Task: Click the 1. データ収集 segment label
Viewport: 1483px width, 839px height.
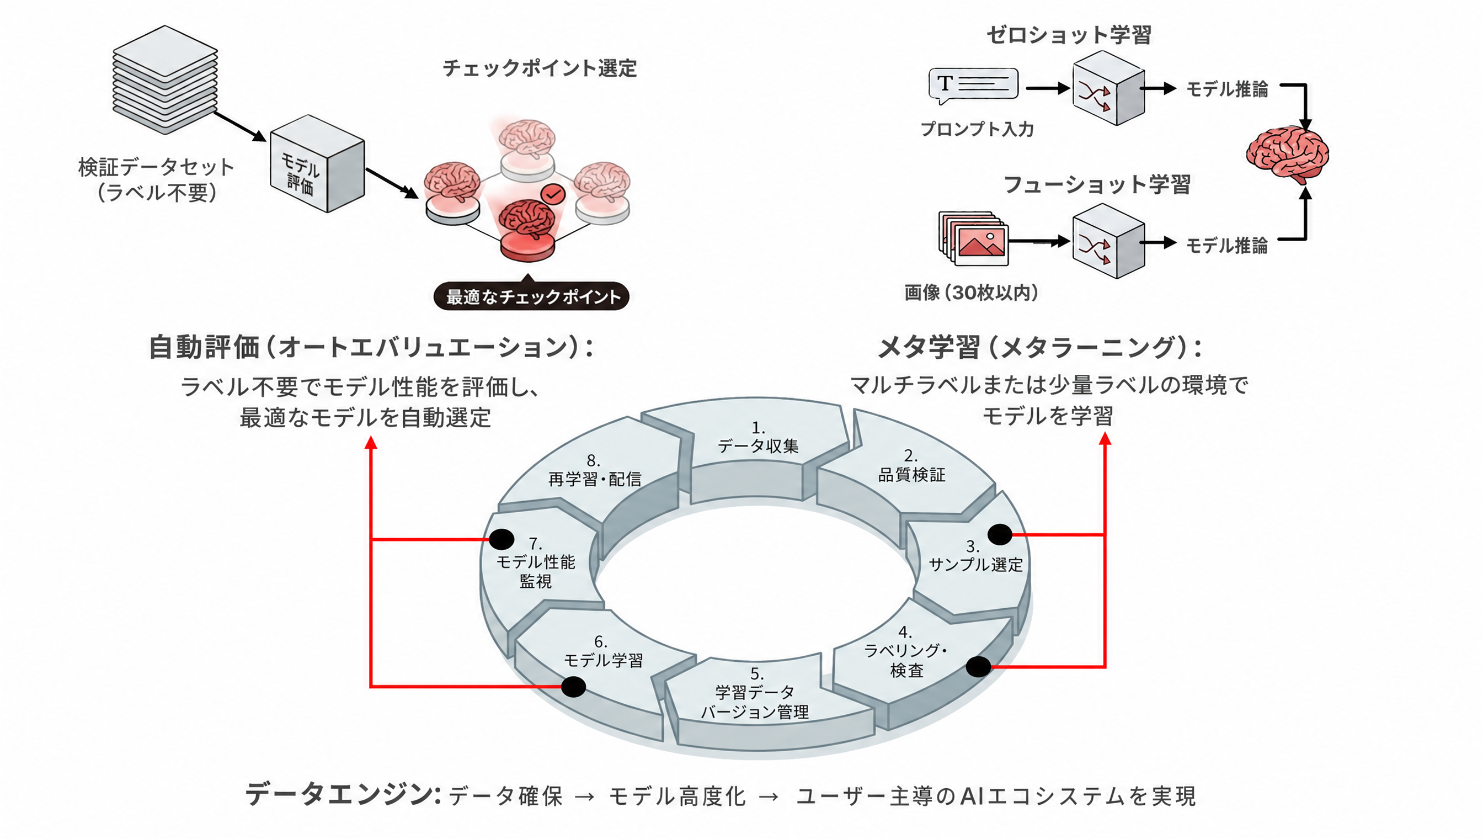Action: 758,437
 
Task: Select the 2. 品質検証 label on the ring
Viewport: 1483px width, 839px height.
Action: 911,465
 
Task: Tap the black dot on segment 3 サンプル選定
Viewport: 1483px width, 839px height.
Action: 1000,534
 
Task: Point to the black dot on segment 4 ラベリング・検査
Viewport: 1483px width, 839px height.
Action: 978,667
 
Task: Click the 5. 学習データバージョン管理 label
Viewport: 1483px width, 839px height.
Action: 755,693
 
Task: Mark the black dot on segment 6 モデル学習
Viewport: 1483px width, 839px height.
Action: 573,686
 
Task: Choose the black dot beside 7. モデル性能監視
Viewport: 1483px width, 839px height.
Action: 501,539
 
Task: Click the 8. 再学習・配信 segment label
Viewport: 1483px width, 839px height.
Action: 594,470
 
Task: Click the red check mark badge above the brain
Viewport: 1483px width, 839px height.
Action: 553,195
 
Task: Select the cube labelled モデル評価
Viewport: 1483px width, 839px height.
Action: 317,163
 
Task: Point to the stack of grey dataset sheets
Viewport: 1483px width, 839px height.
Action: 165,79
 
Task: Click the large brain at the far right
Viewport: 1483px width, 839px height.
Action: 1288,154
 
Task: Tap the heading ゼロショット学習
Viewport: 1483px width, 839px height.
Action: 1069,35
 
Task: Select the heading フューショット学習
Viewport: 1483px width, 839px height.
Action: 1097,184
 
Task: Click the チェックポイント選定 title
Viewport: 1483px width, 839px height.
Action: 540,68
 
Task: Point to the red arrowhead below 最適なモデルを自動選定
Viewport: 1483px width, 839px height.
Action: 371,443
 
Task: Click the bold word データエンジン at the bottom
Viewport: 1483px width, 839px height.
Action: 343,794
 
